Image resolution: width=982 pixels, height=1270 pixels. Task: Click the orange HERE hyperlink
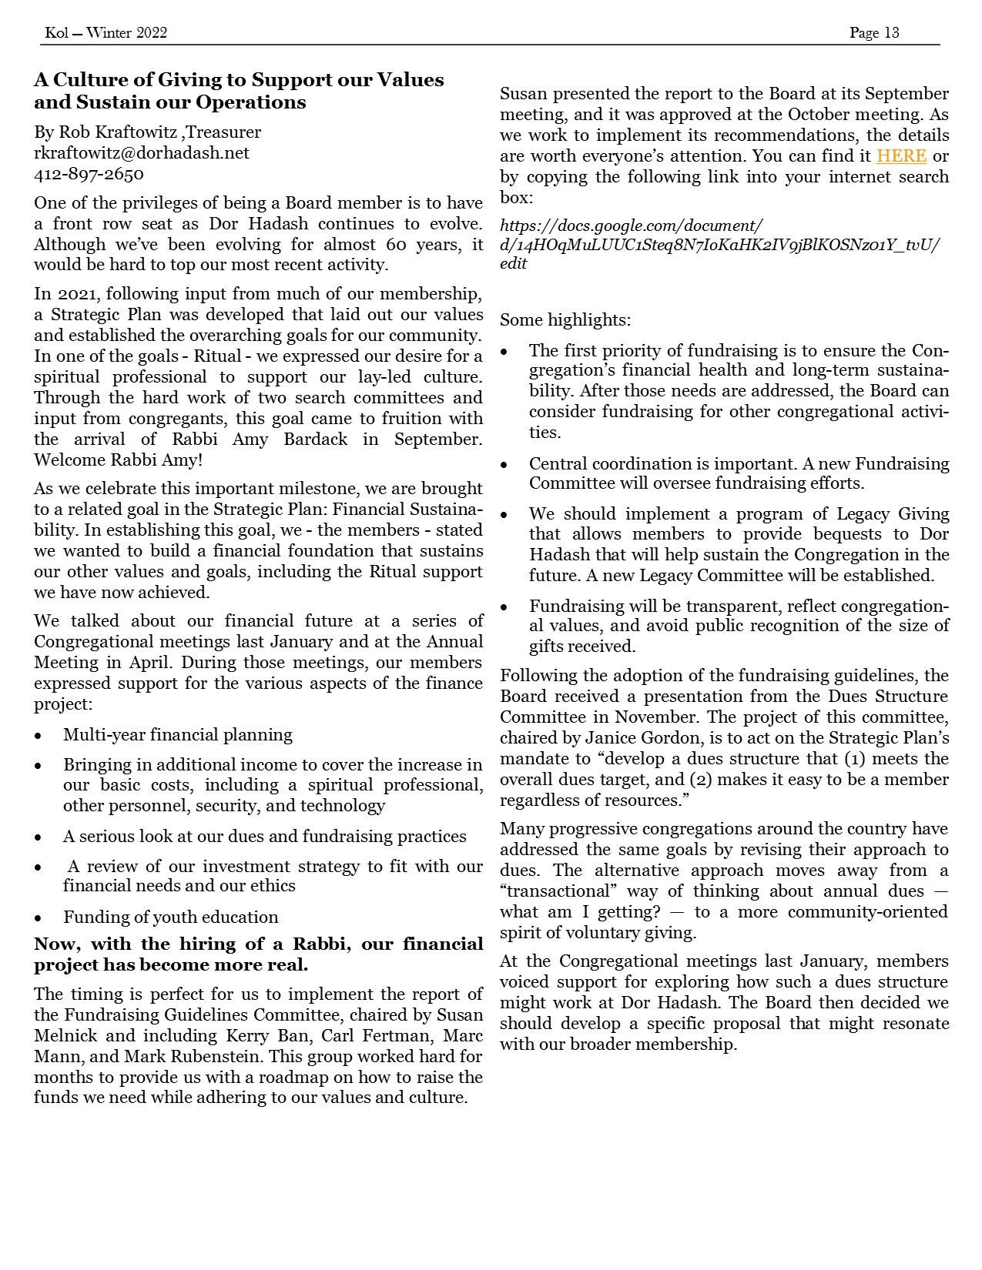900,156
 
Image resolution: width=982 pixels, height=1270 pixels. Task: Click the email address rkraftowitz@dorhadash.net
142,153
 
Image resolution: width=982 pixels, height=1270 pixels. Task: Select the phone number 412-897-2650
89,174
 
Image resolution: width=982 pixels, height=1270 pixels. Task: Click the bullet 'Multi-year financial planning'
178,735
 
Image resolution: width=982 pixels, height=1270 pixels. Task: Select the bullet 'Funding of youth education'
171,917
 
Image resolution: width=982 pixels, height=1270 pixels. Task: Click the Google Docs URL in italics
719,245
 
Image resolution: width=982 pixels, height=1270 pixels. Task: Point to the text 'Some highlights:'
565,320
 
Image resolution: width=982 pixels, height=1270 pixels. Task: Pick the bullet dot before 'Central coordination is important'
504,465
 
